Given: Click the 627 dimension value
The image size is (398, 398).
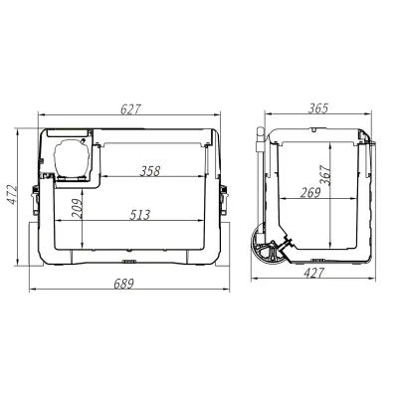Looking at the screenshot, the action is click(x=130, y=109).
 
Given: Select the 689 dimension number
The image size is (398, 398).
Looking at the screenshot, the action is click(x=123, y=284).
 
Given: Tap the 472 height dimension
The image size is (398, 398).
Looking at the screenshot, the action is click(x=12, y=195).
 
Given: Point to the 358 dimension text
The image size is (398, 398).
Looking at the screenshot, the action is click(x=150, y=171).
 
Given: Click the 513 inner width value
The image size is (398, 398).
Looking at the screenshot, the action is click(x=139, y=215).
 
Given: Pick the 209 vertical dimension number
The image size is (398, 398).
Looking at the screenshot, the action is click(x=77, y=208).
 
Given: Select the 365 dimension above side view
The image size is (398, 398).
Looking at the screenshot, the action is click(x=317, y=108).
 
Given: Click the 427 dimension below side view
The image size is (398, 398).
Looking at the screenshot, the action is click(x=313, y=273).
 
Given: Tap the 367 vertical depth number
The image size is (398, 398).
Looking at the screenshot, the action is click(x=325, y=175).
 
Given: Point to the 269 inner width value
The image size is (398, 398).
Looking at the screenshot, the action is click(x=310, y=193).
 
